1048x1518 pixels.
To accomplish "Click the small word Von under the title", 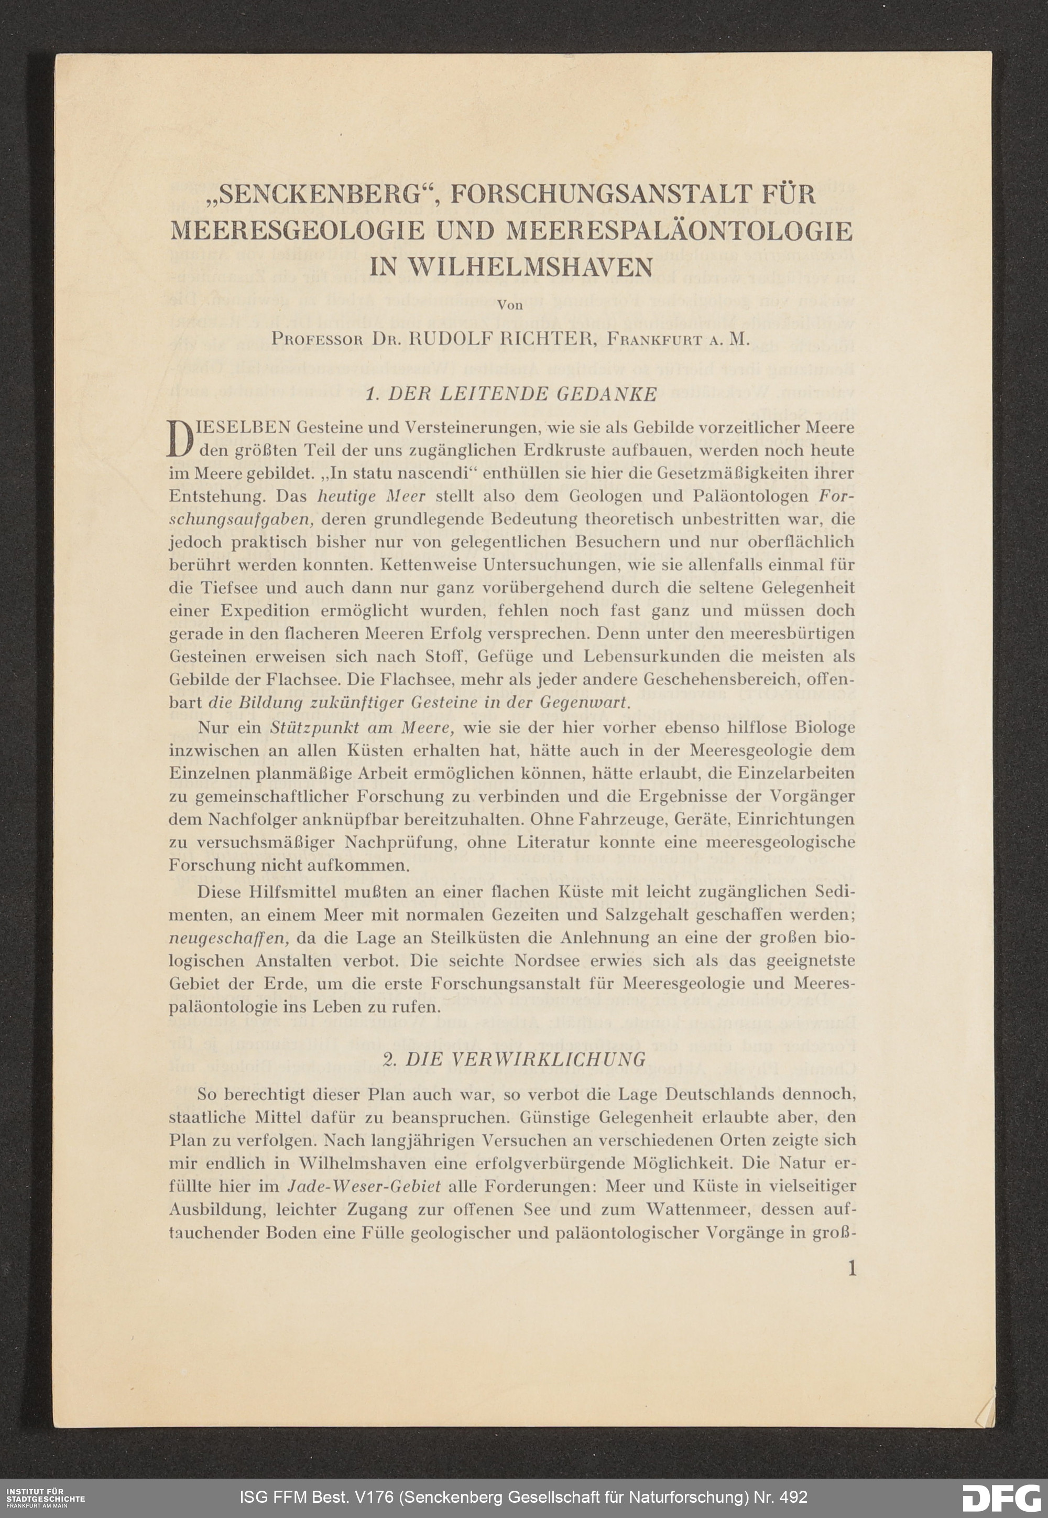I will pyautogui.click(x=510, y=305).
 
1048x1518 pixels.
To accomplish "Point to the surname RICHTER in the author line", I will pyautogui.click(x=540, y=340).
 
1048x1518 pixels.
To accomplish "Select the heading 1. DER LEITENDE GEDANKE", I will pyautogui.click(x=510, y=394).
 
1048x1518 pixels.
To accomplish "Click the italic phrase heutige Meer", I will pyautogui.click(x=371, y=496).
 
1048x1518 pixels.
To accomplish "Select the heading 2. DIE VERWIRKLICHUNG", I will pyautogui.click(x=514, y=1059).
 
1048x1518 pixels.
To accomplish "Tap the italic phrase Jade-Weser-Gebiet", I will pyautogui.click(x=364, y=1187).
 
